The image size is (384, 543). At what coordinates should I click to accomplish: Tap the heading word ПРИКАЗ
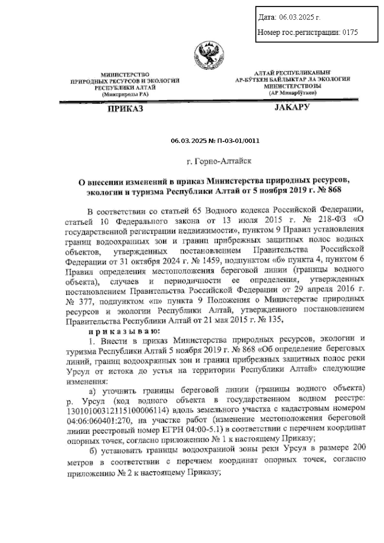coord(125,109)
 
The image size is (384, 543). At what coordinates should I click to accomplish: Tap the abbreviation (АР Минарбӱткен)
coord(292,93)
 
